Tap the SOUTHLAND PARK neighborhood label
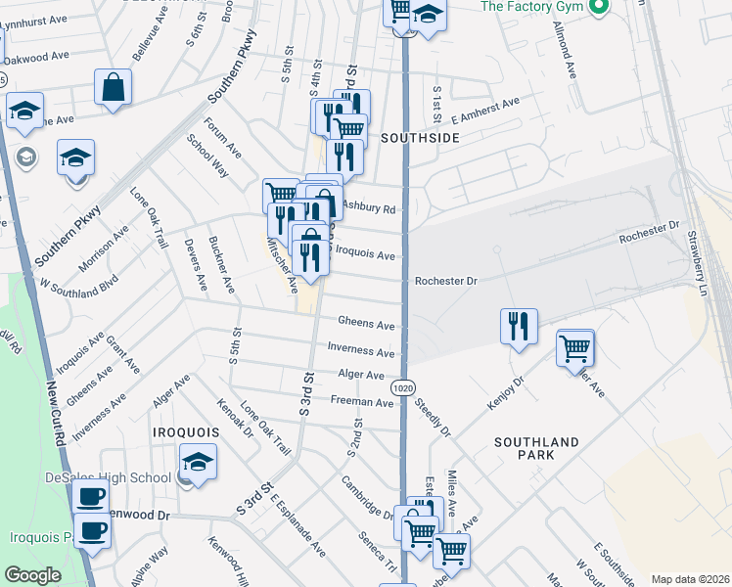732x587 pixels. (536, 449)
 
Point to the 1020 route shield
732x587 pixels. (402, 388)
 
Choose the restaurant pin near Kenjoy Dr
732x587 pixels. (519, 326)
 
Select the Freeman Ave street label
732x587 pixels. (362, 402)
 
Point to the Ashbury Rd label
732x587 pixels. (369, 208)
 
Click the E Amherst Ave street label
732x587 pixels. (483, 110)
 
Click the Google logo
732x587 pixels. (32, 575)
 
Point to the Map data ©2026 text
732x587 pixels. (689, 579)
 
